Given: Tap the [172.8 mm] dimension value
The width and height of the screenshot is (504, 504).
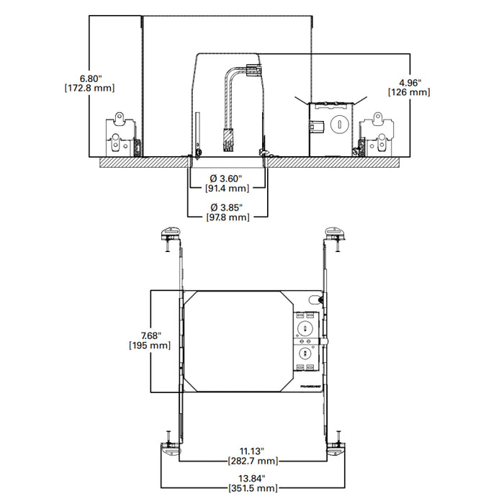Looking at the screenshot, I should [x=91, y=88].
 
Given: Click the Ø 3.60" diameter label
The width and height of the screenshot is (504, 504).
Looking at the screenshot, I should [x=228, y=178].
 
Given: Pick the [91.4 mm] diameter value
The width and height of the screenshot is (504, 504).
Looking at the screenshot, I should [x=228, y=189].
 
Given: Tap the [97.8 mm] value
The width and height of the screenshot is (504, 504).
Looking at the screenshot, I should [x=228, y=217].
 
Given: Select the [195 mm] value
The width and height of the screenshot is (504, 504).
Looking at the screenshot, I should [x=149, y=346].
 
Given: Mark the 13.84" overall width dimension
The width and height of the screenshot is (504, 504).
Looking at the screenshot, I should [x=252, y=478].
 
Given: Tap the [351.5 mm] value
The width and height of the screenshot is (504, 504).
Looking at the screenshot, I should [x=252, y=489].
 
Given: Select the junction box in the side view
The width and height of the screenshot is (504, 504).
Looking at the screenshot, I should [x=331, y=127].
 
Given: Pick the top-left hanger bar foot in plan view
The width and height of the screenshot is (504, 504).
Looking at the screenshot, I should [x=170, y=235].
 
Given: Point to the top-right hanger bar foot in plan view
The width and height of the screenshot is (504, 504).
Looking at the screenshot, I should [x=334, y=235].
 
